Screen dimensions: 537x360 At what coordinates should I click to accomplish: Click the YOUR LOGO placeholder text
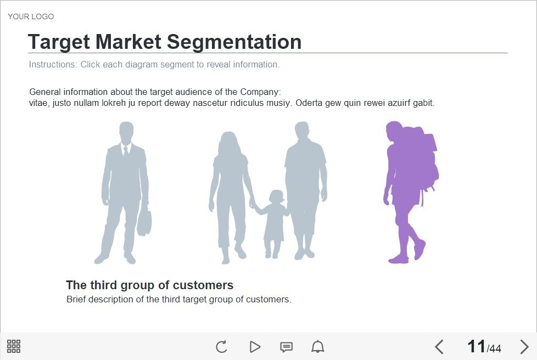tap(31, 16)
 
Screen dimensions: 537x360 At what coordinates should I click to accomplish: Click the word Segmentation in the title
tap(234, 42)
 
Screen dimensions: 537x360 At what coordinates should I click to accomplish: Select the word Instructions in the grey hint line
tap(53, 64)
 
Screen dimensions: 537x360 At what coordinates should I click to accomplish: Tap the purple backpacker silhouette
tap(410, 192)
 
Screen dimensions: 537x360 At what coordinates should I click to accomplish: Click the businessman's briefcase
tap(144, 222)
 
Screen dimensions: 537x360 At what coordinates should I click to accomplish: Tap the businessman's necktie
tap(126, 151)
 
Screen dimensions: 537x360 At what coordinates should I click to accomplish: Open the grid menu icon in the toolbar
tap(14, 346)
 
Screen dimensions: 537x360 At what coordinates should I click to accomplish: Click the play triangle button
tap(255, 347)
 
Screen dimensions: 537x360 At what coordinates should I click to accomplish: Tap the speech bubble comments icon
tap(286, 347)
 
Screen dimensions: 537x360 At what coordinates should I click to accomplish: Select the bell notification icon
tap(317, 347)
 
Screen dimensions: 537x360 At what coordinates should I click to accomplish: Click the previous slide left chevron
tap(439, 347)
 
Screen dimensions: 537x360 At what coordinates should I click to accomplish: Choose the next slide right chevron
tap(524, 347)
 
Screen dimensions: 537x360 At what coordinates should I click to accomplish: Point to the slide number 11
tap(477, 346)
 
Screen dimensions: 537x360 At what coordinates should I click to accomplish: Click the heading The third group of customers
tap(150, 285)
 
